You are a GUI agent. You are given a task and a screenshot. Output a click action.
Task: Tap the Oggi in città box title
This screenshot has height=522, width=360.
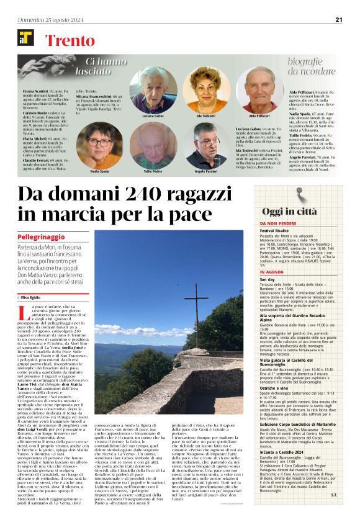298,211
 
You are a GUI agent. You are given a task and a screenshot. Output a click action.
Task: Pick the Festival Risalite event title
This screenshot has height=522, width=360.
276,230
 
